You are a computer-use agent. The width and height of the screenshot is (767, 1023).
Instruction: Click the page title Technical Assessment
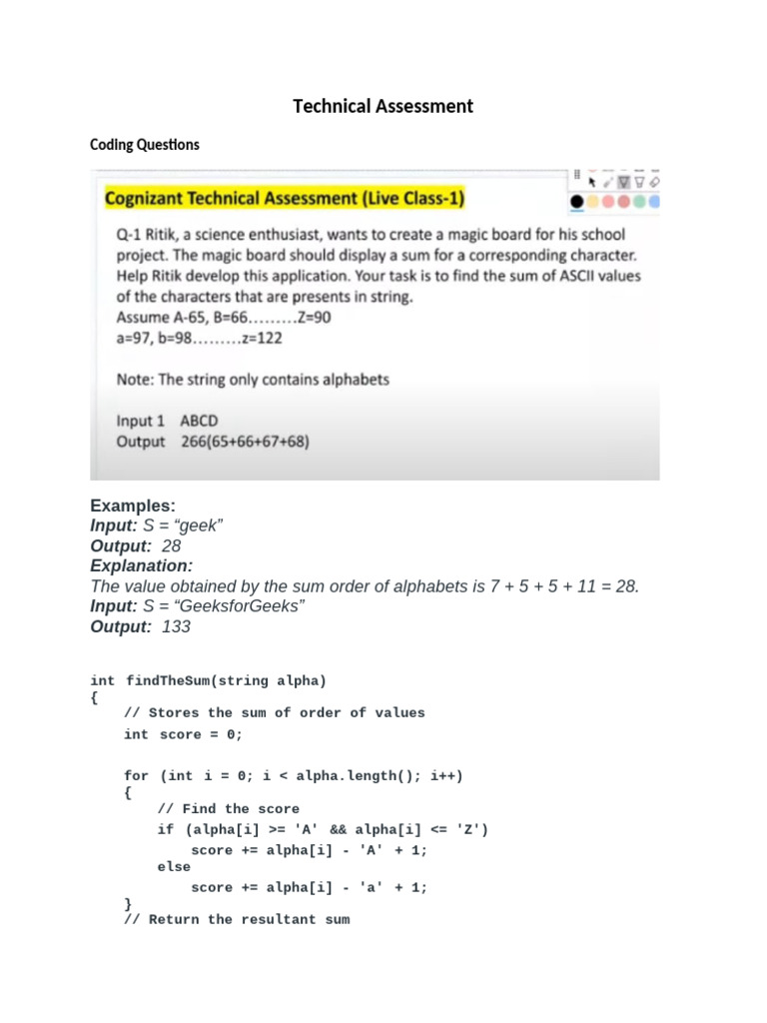[x=383, y=106]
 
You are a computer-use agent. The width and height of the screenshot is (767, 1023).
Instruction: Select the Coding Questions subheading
[x=144, y=145]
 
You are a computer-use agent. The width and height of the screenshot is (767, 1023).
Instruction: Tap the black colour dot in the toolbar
[x=576, y=202]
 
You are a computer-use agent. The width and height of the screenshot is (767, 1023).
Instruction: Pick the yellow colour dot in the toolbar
[x=592, y=202]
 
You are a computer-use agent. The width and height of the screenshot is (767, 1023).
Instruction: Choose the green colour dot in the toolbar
[x=640, y=202]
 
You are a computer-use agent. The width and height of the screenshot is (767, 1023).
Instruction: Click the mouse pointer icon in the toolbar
[x=592, y=182]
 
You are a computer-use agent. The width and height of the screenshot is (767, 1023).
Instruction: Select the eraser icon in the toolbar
[x=654, y=182]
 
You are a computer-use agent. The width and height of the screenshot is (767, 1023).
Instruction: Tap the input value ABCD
[x=199, y=421]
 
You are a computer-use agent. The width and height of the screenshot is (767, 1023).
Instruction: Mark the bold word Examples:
[x=133, y=506]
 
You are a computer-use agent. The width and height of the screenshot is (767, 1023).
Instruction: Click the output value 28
[x=171, y=546]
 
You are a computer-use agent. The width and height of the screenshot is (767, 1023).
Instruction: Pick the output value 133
[x=176, y=626]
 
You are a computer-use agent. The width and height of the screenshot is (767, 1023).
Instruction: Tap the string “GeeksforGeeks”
[x=240, y=606]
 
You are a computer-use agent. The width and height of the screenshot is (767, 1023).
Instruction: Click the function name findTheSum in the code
[x=167, y=681]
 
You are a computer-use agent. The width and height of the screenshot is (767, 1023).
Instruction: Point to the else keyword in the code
[x=174, y=867]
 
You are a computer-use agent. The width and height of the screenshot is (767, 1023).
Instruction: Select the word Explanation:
[x=141, y=566]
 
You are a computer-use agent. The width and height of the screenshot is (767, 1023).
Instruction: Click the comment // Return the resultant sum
[x=237, y=919]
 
